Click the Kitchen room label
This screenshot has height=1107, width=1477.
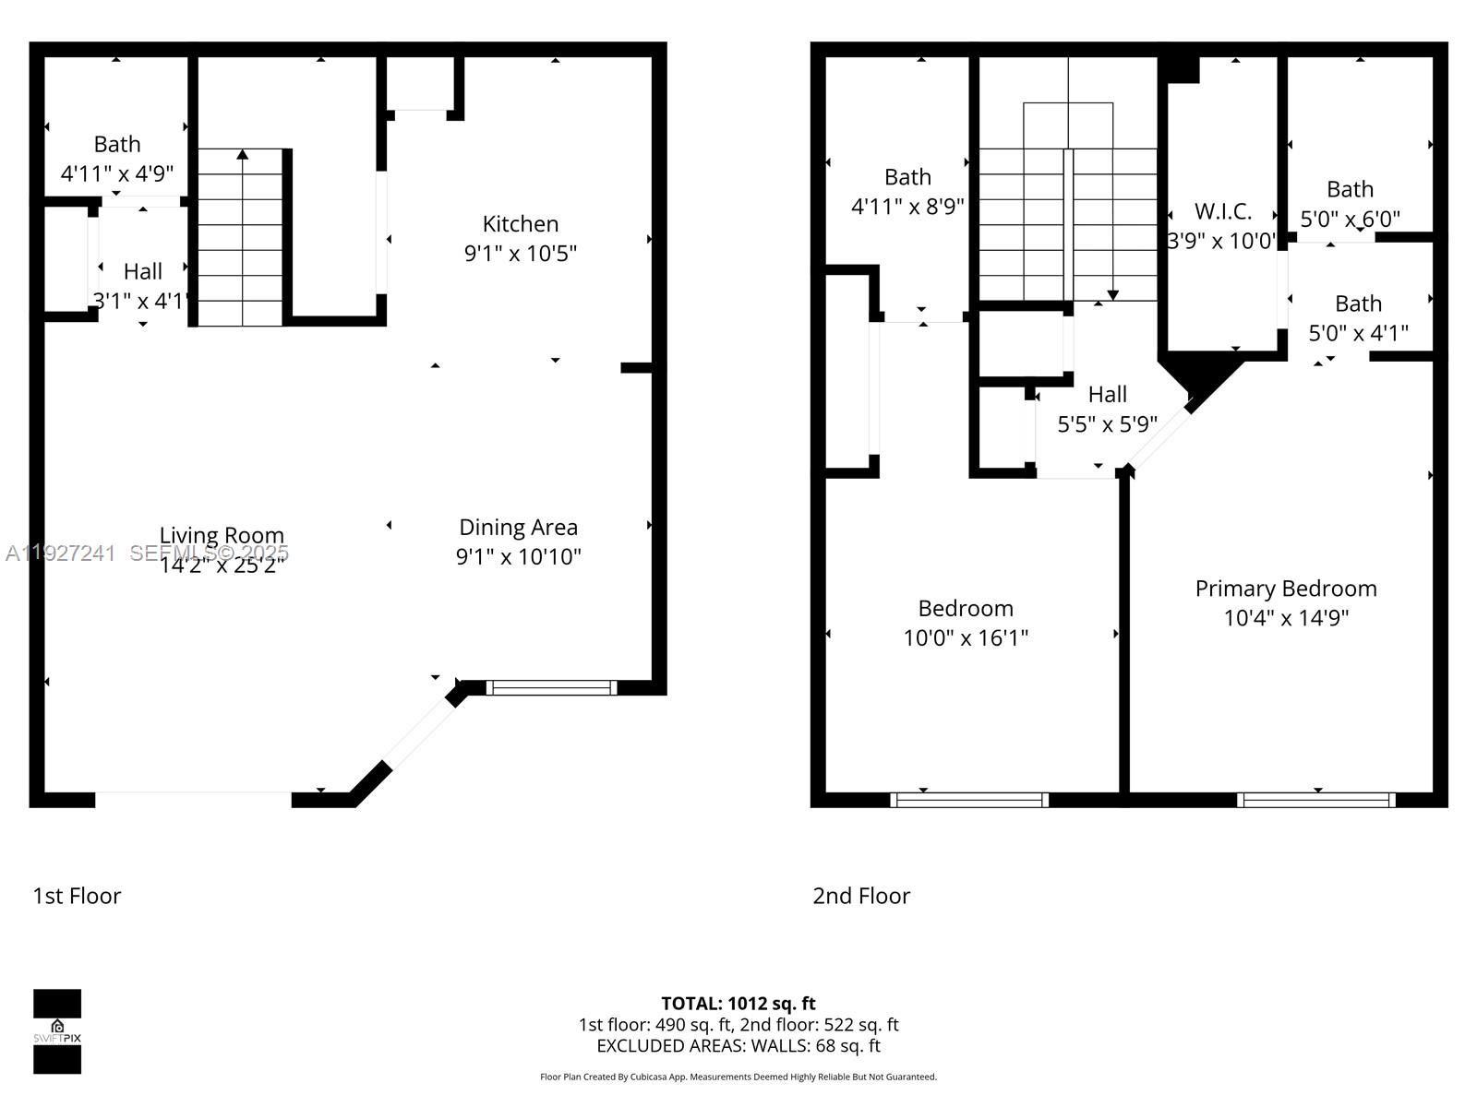point(520,224)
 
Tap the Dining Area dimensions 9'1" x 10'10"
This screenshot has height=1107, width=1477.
point(518,556)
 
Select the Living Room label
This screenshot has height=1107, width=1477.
point(222,535)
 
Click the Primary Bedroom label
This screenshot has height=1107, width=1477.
point(1285,589)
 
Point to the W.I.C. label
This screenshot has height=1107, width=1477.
point(1222,211)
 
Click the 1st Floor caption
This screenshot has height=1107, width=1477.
point(77,896)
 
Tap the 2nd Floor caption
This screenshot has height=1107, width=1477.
point(860,896)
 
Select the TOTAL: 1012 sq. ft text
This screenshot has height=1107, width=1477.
point(738,1003)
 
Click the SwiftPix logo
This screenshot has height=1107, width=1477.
point(57,1031)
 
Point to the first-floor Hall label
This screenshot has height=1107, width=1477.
point(142,271)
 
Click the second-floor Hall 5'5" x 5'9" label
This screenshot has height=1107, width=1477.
point(1107,409)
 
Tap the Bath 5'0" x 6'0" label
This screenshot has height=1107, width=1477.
point(1350,204)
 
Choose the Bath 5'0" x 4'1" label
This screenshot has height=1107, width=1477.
point(1358,318)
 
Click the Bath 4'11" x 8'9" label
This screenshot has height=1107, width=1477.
point(907,191)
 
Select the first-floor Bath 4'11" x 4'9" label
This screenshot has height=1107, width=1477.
point(117,158)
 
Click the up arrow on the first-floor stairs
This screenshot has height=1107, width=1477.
point(243,155)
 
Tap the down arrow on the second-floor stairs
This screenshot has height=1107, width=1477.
point(1112,294)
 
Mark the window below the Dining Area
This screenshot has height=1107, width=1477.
point(551,687)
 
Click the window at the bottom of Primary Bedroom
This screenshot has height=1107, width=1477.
point(1315,800)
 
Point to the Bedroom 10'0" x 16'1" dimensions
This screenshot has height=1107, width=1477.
point(965,637)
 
